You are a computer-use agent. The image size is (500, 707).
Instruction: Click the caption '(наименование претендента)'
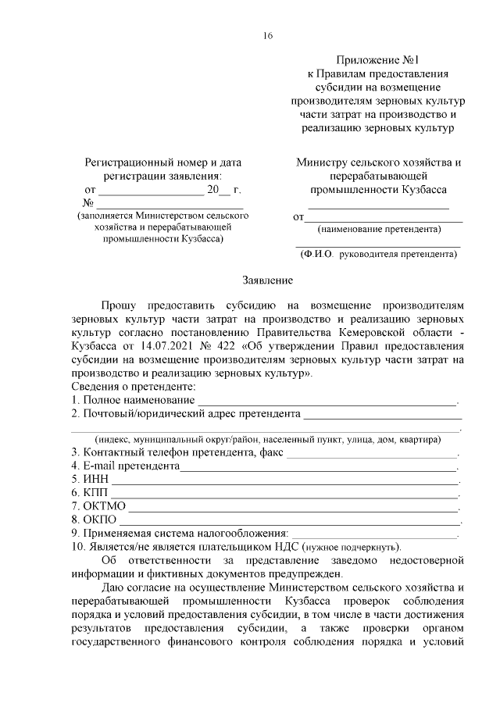pyautogui.click(x=378, y=230)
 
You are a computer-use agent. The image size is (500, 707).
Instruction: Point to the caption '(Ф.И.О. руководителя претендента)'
pyautogui.click(x=378, y=254)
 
